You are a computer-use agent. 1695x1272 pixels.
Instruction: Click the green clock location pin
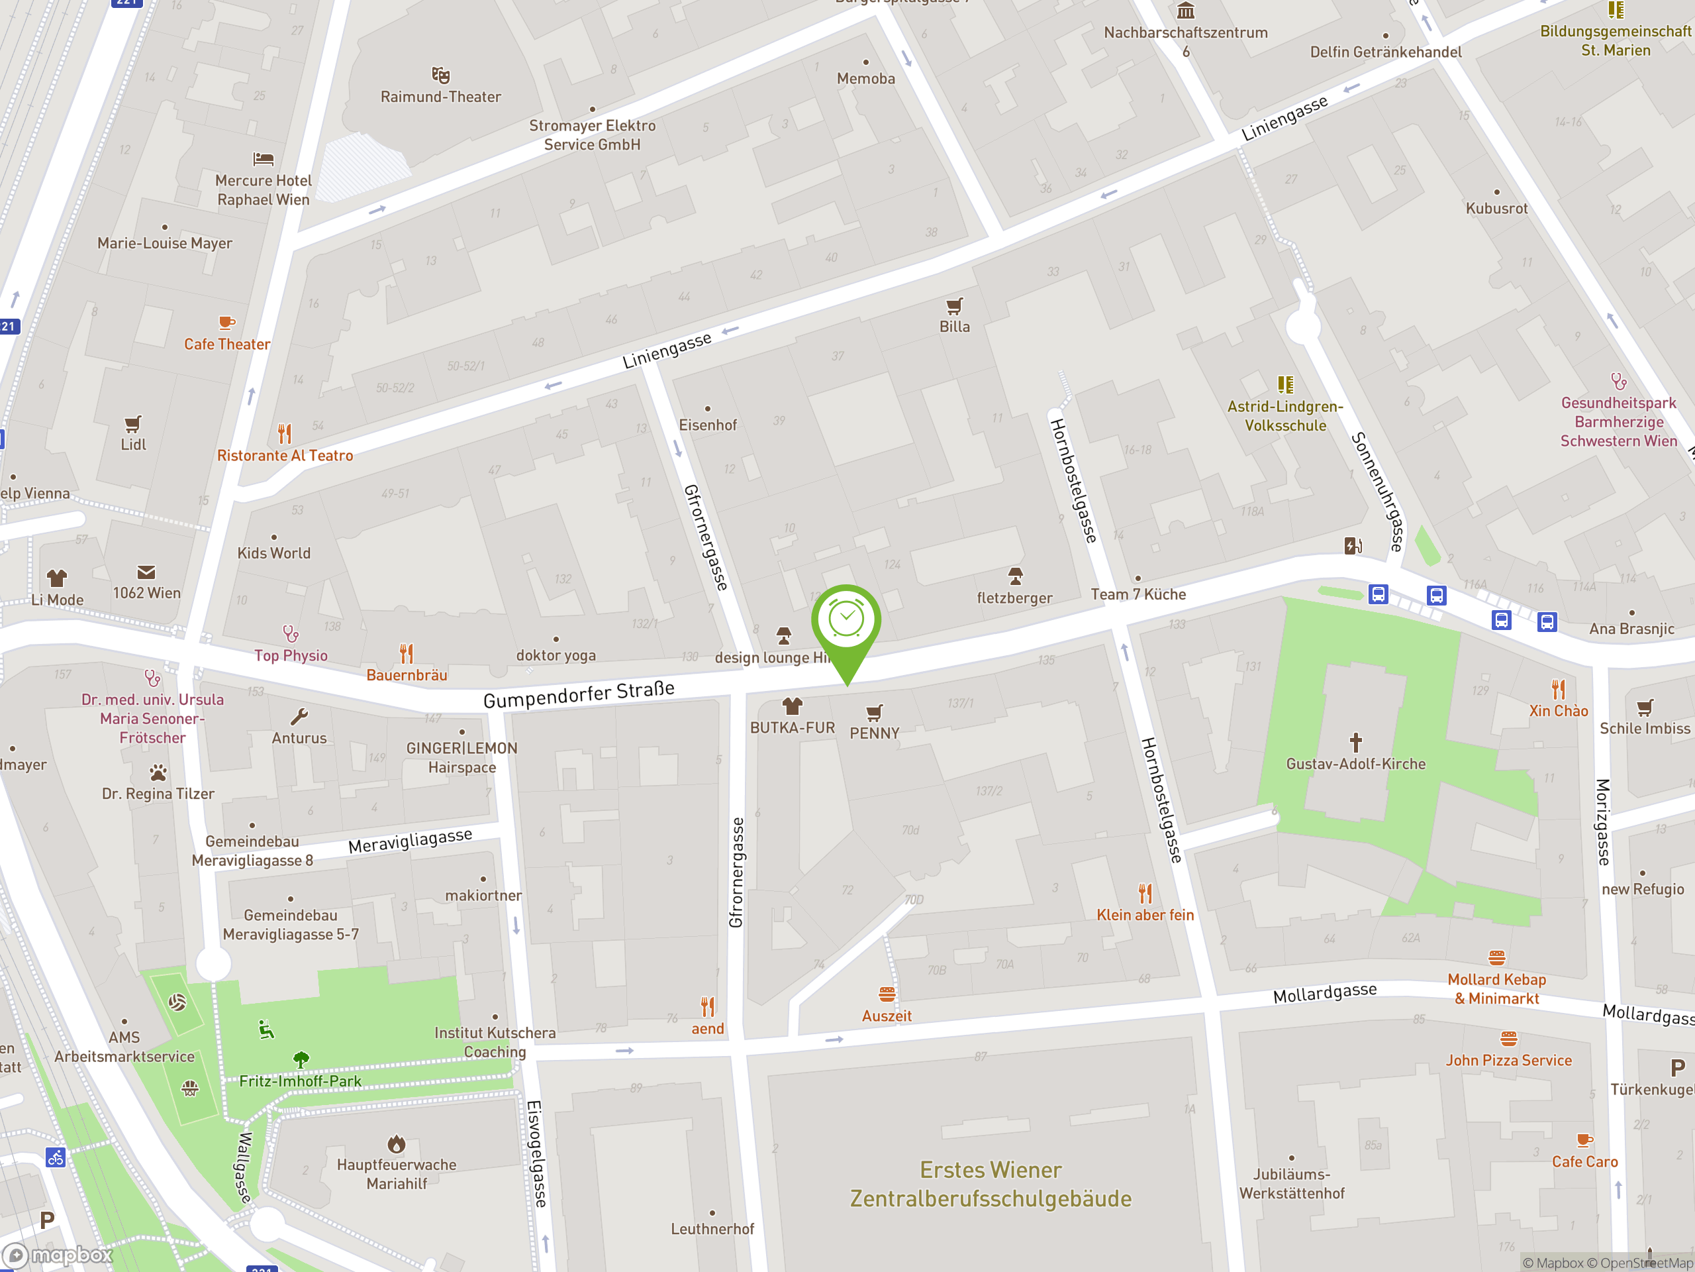[847, 621]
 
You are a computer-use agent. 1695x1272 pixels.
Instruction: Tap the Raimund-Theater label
[440, 97]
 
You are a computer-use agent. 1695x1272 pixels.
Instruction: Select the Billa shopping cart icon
[954, 307]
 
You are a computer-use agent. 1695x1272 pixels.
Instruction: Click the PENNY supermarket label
[875, 733]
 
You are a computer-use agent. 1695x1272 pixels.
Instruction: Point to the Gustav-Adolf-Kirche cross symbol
[1355, 742]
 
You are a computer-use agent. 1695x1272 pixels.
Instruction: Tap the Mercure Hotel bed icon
[263, 160]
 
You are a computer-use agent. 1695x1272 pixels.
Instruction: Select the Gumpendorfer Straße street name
[579, 695]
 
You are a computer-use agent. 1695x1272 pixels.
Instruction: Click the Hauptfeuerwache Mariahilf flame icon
[396, 1145]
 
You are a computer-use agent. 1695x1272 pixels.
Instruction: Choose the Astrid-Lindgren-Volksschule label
[1285, 415]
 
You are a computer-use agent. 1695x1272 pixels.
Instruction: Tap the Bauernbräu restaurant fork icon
[406, 654]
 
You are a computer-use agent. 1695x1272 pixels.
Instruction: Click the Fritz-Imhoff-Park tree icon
[301, 1059]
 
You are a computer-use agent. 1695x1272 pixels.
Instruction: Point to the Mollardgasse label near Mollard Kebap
[1324, 994]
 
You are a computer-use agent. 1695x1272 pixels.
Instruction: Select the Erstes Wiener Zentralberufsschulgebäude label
[990, 1185]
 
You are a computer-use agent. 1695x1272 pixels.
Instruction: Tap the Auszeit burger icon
[887, 995]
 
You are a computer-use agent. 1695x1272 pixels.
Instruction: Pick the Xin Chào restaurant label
[1558, 711]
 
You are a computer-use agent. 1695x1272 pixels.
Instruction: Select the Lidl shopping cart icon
[132, 424]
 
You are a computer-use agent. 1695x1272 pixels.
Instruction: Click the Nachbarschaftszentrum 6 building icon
[1185, 11]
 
